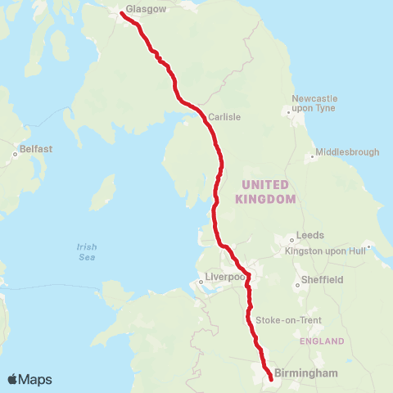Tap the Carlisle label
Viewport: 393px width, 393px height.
point(224,117)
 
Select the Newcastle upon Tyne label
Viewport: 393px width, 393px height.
point(314,105)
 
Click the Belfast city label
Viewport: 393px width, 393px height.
point(36,149)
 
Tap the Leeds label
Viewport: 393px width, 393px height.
point(309,235)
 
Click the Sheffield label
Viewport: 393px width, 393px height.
point(322,279)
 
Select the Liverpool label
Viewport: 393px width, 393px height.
point(225,278)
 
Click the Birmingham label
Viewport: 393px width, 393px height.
point(307,373)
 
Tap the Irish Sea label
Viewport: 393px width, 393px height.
point(87,251)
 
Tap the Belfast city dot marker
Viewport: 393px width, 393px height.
point(16,153)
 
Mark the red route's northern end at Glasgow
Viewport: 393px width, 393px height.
point(122,14)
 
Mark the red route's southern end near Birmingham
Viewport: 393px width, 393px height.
point(270,377)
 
